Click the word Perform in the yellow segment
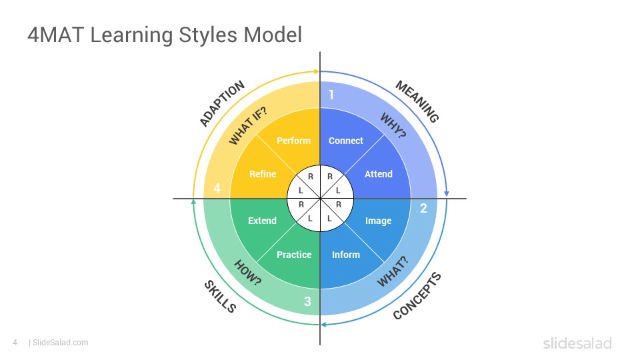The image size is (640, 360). click(x=293, y=141)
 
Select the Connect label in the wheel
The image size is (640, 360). click(x=346, y=141)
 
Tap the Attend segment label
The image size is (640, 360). click(x=379, y=174)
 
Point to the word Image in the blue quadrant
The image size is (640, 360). click(x=379, y=221)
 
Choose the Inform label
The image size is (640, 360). click(x=346, y=255)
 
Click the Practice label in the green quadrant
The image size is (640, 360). click(x=294, y=255)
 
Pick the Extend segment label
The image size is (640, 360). click(x=262, y=221)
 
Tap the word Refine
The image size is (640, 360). click(x=263, y=174)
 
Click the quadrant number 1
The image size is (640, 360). click(x=331, y=95)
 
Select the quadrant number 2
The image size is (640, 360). click(x=423, y=209)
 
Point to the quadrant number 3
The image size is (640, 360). click(x=307, y=301)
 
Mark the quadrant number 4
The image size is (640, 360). click(x=217, y=188)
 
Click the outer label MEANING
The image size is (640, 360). click(x=417, y=101)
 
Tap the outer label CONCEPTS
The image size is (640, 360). click(x=417, y=296)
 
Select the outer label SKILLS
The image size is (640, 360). click(x=220, y=297)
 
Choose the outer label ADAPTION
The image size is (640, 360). click(x=222, y=103)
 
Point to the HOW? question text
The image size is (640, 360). click(x=248, y=273)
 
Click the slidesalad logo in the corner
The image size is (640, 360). click(x=577, y=343)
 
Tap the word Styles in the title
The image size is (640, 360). click(x=208, y=35)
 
